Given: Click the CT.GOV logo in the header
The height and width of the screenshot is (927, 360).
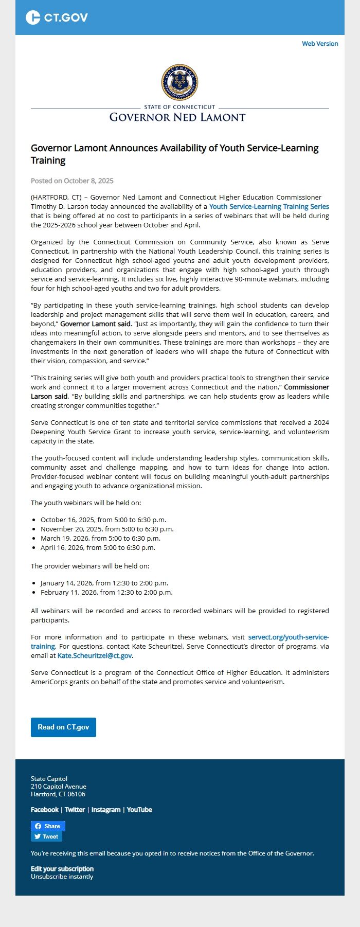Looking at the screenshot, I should pos(57,17).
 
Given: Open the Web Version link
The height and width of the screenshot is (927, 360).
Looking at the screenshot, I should pos(320,44).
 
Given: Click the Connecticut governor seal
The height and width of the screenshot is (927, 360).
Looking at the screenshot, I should pos(179,82).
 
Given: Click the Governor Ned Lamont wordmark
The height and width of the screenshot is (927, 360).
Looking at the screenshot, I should pos(177,117).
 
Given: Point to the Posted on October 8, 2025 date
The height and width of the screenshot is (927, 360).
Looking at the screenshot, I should pos(72,181).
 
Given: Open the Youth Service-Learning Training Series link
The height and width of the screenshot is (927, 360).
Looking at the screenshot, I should pos(269,206).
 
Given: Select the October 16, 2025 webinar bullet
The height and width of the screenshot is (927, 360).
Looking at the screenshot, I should pos(103,520).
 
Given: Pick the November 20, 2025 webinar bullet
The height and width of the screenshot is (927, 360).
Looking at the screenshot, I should pos(107,529).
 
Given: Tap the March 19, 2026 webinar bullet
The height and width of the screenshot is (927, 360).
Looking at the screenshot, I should pos(100,538).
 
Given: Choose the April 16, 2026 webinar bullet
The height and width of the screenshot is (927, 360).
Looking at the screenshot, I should pos(98,547).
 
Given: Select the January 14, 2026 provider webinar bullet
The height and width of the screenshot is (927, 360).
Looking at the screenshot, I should pos(104,583).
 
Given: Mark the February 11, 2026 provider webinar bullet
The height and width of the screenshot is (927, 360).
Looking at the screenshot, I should pos(106,592).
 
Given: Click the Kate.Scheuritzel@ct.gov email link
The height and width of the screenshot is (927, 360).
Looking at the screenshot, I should pos(95,655).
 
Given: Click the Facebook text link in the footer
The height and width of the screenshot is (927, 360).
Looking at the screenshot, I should pos(45,810).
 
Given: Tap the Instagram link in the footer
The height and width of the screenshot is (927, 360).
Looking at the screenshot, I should pos(106,810).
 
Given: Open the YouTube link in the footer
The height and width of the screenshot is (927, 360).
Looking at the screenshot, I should pos(139,810).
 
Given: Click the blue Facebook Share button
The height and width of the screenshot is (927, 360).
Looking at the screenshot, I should pos(48,826).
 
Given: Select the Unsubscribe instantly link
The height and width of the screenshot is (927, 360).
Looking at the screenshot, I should pos(62,877).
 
